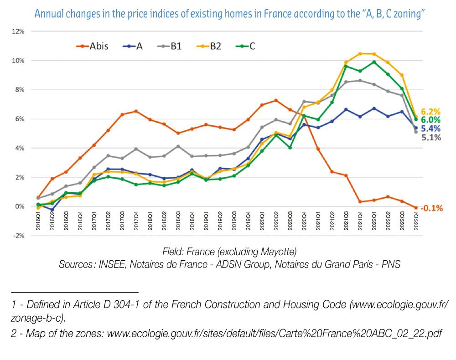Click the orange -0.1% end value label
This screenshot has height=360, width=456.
click(x=431, y=208)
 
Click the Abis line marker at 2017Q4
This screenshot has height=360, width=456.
click(x=136, y=111)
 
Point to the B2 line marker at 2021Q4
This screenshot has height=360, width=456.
click(x=360, y=53)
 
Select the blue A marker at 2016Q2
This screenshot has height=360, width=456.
click(x=52, y=210)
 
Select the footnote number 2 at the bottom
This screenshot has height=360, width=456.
click(x=14, y=334)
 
